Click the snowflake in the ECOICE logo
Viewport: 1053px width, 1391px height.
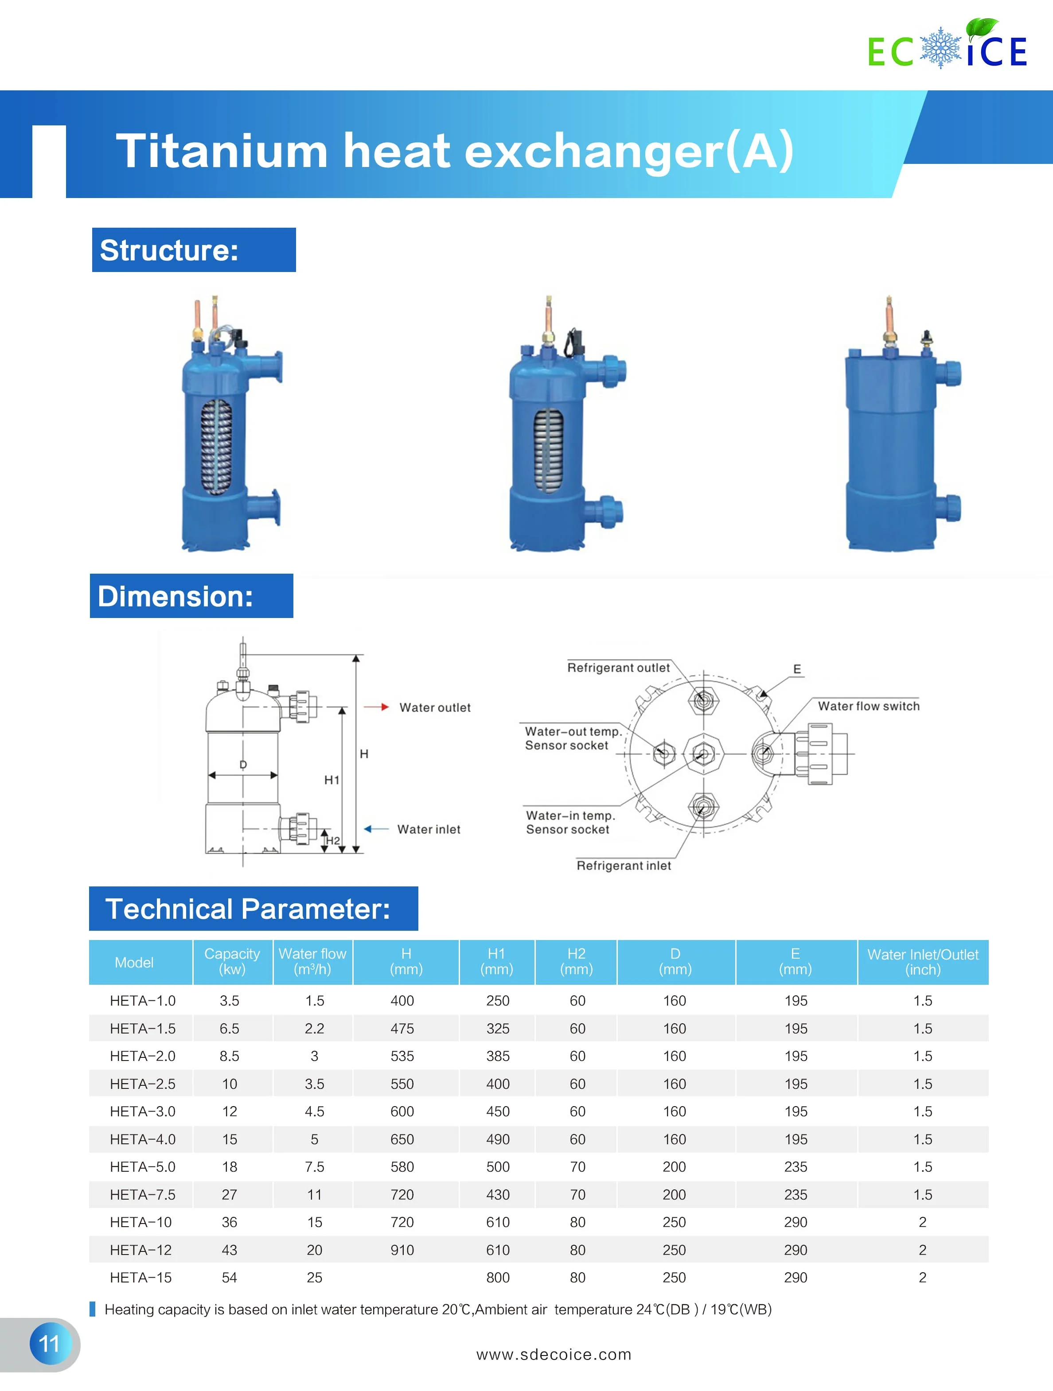tap(940, 48)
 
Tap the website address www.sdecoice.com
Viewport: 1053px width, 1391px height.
tap(554, 1354)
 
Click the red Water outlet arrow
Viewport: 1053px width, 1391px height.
tap(376, 707)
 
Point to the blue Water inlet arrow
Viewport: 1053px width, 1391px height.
tap(376, 829)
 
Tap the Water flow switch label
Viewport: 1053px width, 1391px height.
tap(868, 706)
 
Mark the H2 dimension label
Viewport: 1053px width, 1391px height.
tap(333, 840)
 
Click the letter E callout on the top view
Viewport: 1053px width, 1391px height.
tap(797, 669)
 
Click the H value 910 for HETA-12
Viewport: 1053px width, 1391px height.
tap(402, 1250)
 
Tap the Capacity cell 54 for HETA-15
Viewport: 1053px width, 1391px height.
tap(229, 1277)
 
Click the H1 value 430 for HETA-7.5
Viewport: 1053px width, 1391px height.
tap(498, 1194)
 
